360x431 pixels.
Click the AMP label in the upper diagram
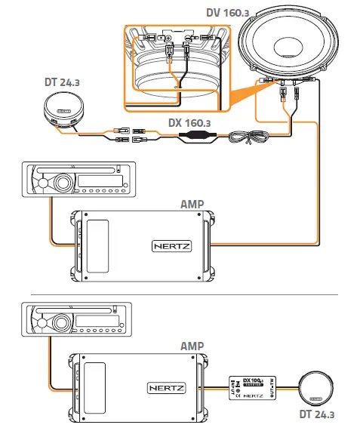point(194,205)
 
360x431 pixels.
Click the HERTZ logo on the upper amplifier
point(173,245)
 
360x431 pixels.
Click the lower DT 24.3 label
point(316,414)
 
